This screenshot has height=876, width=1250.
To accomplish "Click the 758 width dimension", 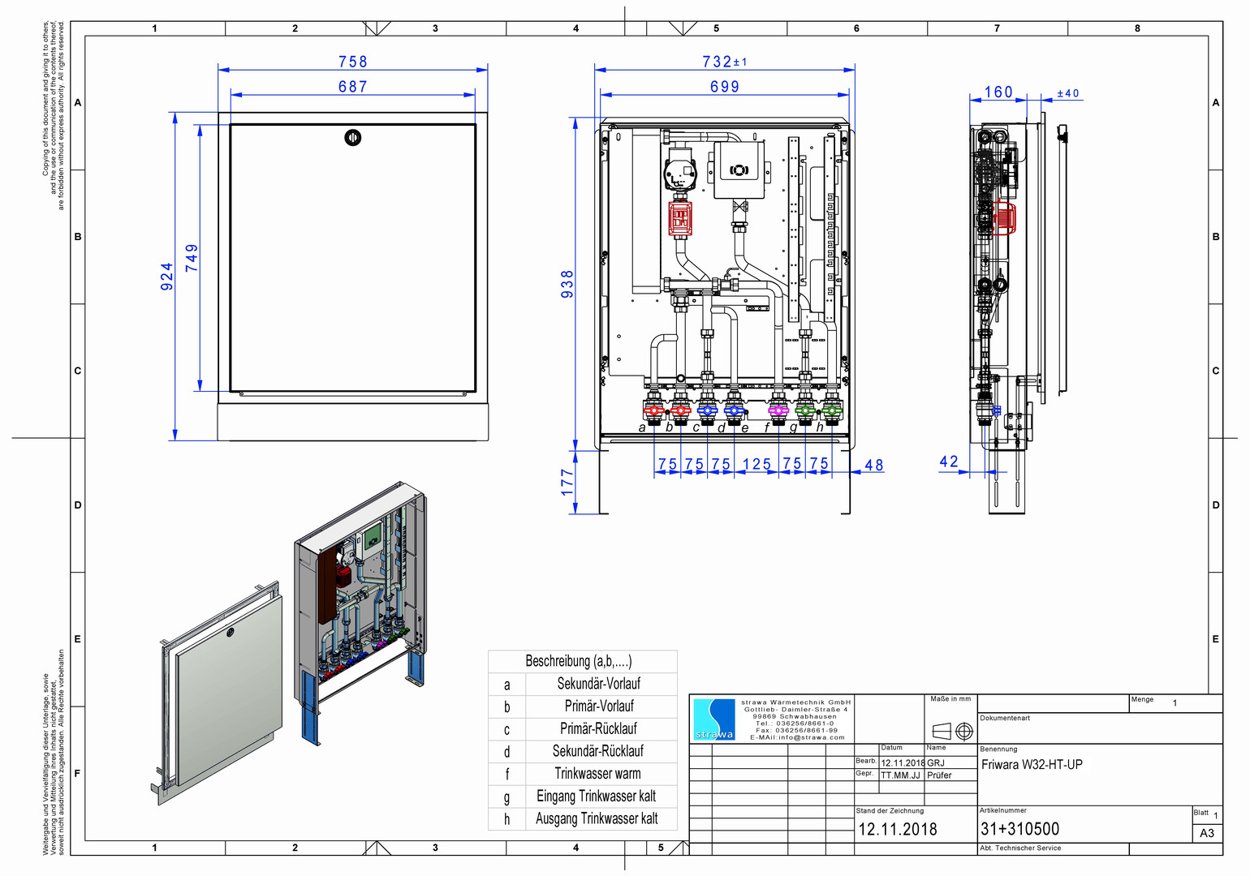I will click(352, 62).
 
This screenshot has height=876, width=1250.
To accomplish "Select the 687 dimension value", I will click(352, 87).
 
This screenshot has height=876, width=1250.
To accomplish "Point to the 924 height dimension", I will click(166, 277).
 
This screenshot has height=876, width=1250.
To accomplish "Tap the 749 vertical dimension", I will click(192, 258).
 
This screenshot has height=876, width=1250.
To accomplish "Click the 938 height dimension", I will click(567, 284).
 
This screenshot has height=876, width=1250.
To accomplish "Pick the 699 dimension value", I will click(724, 87).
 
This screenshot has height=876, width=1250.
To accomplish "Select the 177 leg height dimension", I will click(567, 482).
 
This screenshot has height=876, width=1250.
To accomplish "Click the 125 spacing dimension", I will click(756, 464).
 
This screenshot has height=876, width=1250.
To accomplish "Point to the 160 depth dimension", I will click(998, 92).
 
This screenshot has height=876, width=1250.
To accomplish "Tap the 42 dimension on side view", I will click(949, 462).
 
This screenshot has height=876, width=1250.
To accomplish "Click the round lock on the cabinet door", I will click(352, 137).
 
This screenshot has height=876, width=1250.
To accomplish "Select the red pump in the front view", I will click(679, 218).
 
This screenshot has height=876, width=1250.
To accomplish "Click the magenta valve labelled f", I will click(778, 410).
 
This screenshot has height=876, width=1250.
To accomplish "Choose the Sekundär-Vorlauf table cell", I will click(598, 684).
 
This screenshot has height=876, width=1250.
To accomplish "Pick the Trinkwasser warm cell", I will click(598, 774).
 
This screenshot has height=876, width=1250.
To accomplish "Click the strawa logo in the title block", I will click(714, 719).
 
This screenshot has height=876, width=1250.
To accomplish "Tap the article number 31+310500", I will click(1019, 829).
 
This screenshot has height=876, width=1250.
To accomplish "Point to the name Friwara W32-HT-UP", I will click(1032, 764).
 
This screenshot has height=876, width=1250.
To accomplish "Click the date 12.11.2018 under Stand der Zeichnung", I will click(898, 829).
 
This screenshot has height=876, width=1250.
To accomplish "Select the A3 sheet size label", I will click(1207, 833).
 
